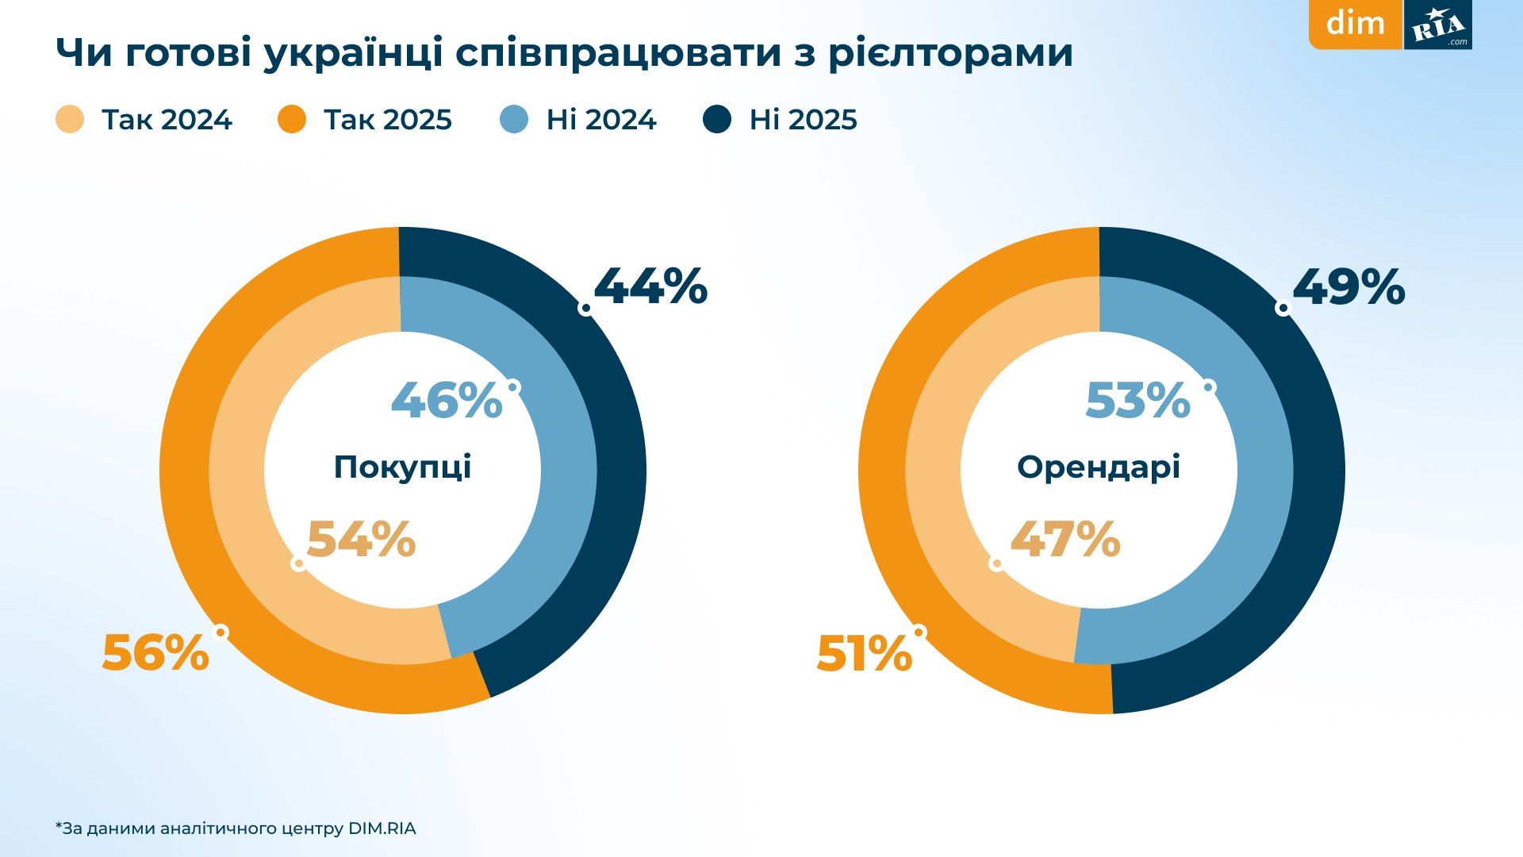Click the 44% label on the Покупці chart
[x=650, y=286]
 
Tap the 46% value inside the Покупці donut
[x=447, y=400]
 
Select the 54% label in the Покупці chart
[x=361, y=540]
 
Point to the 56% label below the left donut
[x=155, y=654]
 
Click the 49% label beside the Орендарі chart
[x=1348, y=286]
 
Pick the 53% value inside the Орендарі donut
[x=1137, y=400]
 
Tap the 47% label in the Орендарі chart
[x=1065, y=540]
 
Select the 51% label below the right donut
[x=864, y=655]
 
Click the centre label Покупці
[x=402, y=467]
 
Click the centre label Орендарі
[x=1099, y=467]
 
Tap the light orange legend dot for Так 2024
[x=70, y=120]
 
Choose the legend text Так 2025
[x=388, y=120]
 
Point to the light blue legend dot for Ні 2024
[x=515, y=120]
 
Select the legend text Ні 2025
[x=803, y=120]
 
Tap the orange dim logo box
[x=1355, y=24]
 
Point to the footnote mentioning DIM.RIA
[x=236, y=828]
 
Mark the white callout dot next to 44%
[x=585, y=308]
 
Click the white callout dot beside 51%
[x=919, y=632]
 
